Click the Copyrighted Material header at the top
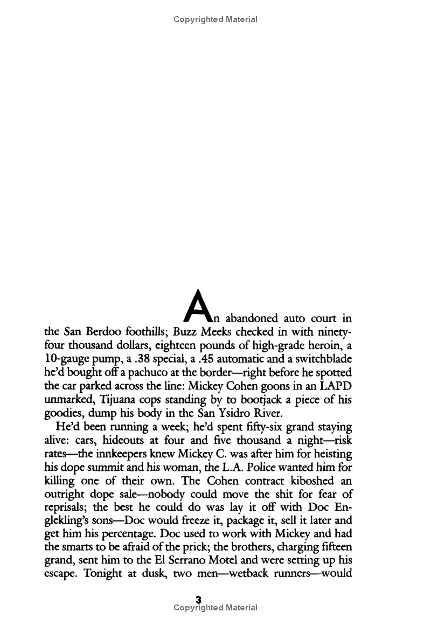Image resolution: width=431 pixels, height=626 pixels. tap(215, 19)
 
